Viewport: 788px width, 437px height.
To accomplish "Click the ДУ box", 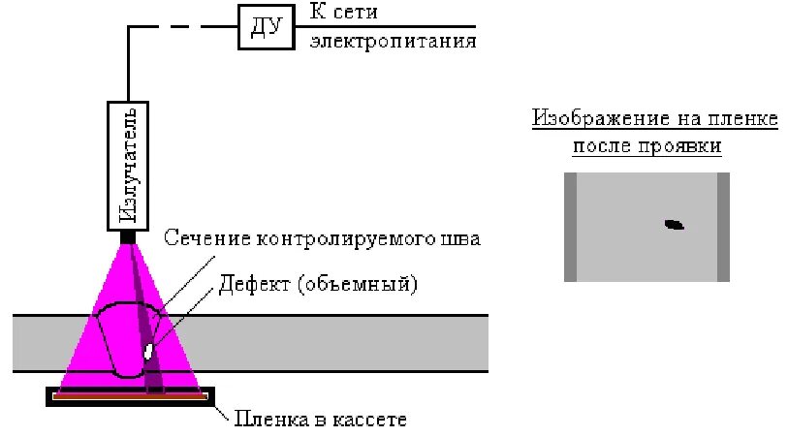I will click(265, 26).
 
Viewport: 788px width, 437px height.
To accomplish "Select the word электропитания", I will click(393, 43).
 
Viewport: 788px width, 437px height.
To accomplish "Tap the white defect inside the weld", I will click(149, 350).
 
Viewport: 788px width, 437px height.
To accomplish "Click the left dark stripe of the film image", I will click(570, 227).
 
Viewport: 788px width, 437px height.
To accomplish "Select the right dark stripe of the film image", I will click(723, 227).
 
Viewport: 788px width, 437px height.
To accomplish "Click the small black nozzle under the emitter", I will click(128, 235).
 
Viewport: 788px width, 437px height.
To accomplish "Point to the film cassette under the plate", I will click(130, 396).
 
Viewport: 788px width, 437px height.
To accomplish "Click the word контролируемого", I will click(349, 238).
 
